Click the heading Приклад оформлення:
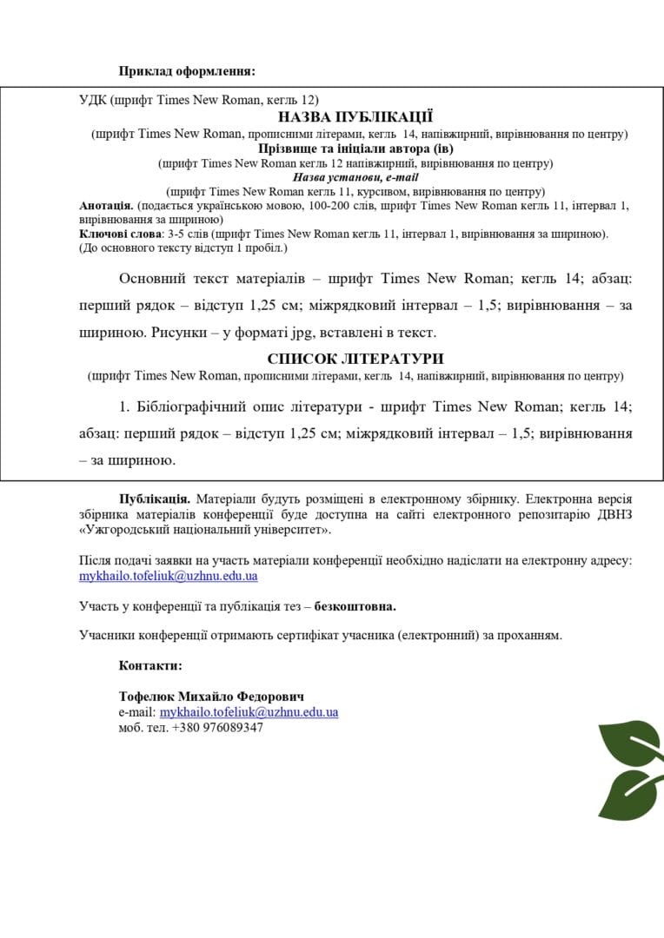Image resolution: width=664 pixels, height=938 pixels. (187, 71)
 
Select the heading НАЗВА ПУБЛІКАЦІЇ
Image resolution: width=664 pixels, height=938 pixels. (355, 117)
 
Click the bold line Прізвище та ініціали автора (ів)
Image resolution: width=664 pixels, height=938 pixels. (355, 149)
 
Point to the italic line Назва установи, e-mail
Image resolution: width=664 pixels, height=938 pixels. (355, 177)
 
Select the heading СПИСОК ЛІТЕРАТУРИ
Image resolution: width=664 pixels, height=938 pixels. (355, 359)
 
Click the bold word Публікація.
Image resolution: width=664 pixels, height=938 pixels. (155, 499)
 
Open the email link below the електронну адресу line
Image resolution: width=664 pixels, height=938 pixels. (168, 576)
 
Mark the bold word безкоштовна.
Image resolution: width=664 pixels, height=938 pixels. (361, 605)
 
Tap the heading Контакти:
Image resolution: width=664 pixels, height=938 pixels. (150, 665)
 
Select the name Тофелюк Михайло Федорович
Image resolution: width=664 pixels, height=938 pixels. (211, 697)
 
